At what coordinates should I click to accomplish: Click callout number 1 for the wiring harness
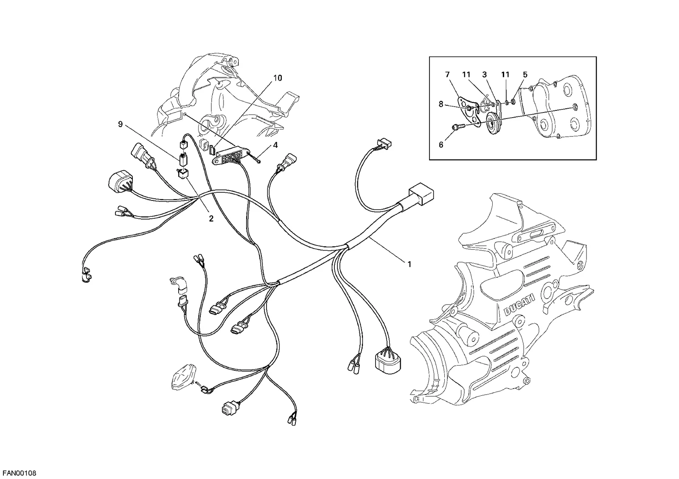[409, 264]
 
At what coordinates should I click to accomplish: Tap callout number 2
[211, 218]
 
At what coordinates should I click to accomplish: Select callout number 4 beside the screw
[275, 145]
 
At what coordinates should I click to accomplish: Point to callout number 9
[121, 124]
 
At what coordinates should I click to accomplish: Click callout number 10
[278, 78]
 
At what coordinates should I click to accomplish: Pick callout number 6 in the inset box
[441, 145]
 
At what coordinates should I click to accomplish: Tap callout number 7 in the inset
[448, 75]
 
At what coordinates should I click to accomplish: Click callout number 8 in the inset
[441, 104]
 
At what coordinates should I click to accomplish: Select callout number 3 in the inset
[484, 75]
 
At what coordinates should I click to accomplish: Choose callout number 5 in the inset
[525, 75]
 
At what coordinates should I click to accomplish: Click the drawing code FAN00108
[20, 473]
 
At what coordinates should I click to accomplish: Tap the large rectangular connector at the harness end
[421, 193]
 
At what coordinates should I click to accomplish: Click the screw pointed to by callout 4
[254, 158]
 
